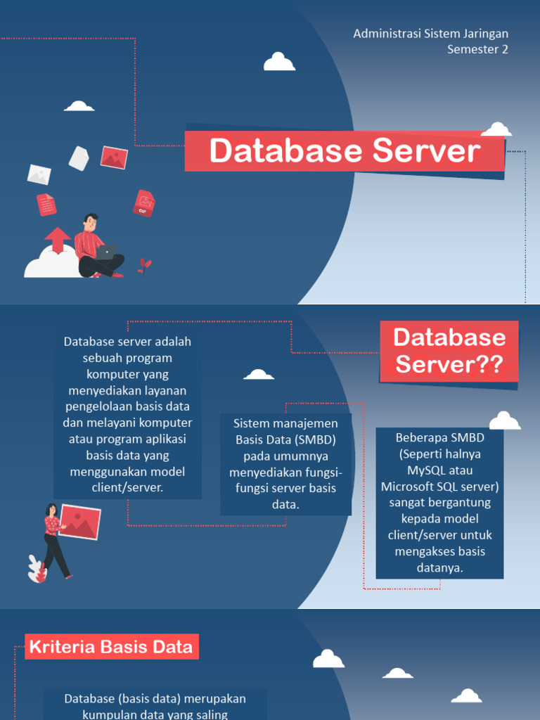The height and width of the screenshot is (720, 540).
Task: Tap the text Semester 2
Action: pyautogui.click(x=477, y=49)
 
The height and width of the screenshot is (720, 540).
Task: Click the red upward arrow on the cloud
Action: pyautogui.click(x=57, y=240)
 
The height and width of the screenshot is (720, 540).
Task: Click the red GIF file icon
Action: pyautogui.click(x=143, y=203)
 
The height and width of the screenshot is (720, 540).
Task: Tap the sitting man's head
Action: pyautogui.click(x=90, y=222)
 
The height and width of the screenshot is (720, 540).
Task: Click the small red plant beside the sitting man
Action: pyautogui.click(x=144, y=266)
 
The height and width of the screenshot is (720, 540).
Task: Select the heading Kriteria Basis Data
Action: pyautogui.click(x=112, y=647)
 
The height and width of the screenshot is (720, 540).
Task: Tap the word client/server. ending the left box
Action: pyautogui.click(x=127, y=487)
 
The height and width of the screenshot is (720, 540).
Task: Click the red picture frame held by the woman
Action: pyautogui.click(x=80, y=521)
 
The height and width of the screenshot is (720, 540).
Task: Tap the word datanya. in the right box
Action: pyautogui.click(x=439, y=567)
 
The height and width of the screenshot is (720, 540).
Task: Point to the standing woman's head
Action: pyautogui.click(x=51, y=510)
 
